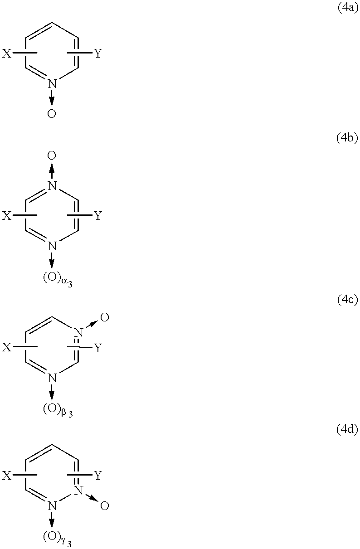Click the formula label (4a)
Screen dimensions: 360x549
point(347,7)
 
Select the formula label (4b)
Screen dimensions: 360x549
point(347,138)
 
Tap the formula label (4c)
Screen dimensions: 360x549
point(347,300)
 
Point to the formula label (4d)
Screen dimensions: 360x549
point(347,429)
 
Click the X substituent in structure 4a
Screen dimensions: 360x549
point(7,53)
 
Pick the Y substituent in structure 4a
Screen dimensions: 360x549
point(98,53)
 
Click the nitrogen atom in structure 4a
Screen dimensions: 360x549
point(52,83)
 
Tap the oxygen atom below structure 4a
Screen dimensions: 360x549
point(52,113)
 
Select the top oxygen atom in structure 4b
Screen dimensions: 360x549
point(52,155)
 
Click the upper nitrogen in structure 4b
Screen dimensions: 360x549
point(52,186)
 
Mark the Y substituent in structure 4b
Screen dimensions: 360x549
point(98,216)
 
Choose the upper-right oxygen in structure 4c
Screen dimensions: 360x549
point(105,317)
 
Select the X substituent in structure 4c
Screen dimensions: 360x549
point(7,347)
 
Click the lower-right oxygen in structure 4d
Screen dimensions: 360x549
point(105,505)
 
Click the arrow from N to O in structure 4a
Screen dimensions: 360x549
point(52,98)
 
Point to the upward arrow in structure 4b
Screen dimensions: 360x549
point(52,171)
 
